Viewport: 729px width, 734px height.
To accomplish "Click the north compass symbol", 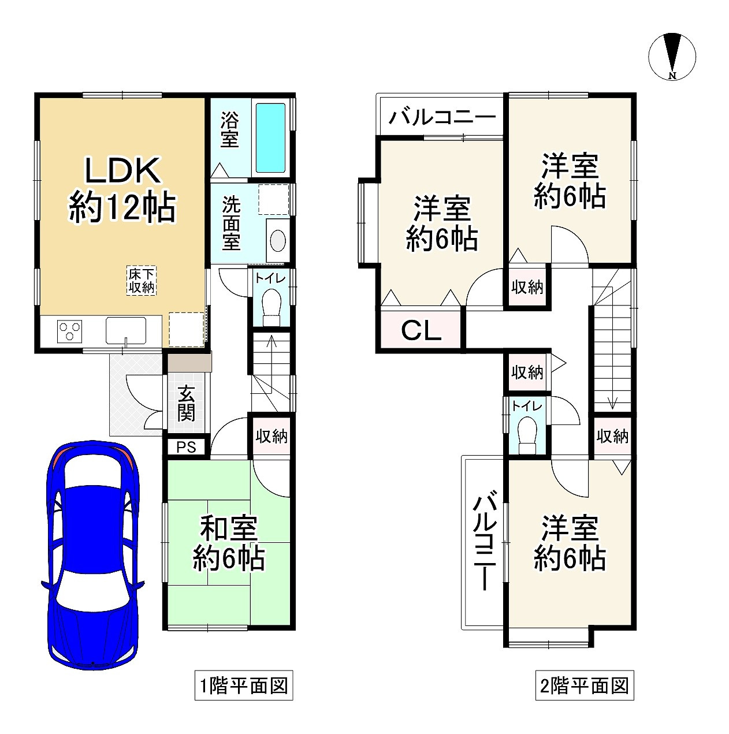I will [x=672, y=56].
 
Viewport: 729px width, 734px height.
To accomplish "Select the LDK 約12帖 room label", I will [x=122, y=190].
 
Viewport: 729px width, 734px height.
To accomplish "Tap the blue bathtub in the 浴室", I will [x=270, y=137].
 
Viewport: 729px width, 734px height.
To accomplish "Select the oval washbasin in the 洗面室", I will [x=278, y=240].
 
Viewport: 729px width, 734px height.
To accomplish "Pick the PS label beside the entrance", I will [x=186, y=447].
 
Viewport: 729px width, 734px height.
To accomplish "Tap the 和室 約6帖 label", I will [x=229, y=543].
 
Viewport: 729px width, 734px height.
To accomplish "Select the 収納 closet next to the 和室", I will [x=271, y=436].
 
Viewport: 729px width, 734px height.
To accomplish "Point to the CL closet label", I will [x=421, y=331].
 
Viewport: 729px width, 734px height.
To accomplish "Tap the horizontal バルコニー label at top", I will [x=442, y=118].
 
